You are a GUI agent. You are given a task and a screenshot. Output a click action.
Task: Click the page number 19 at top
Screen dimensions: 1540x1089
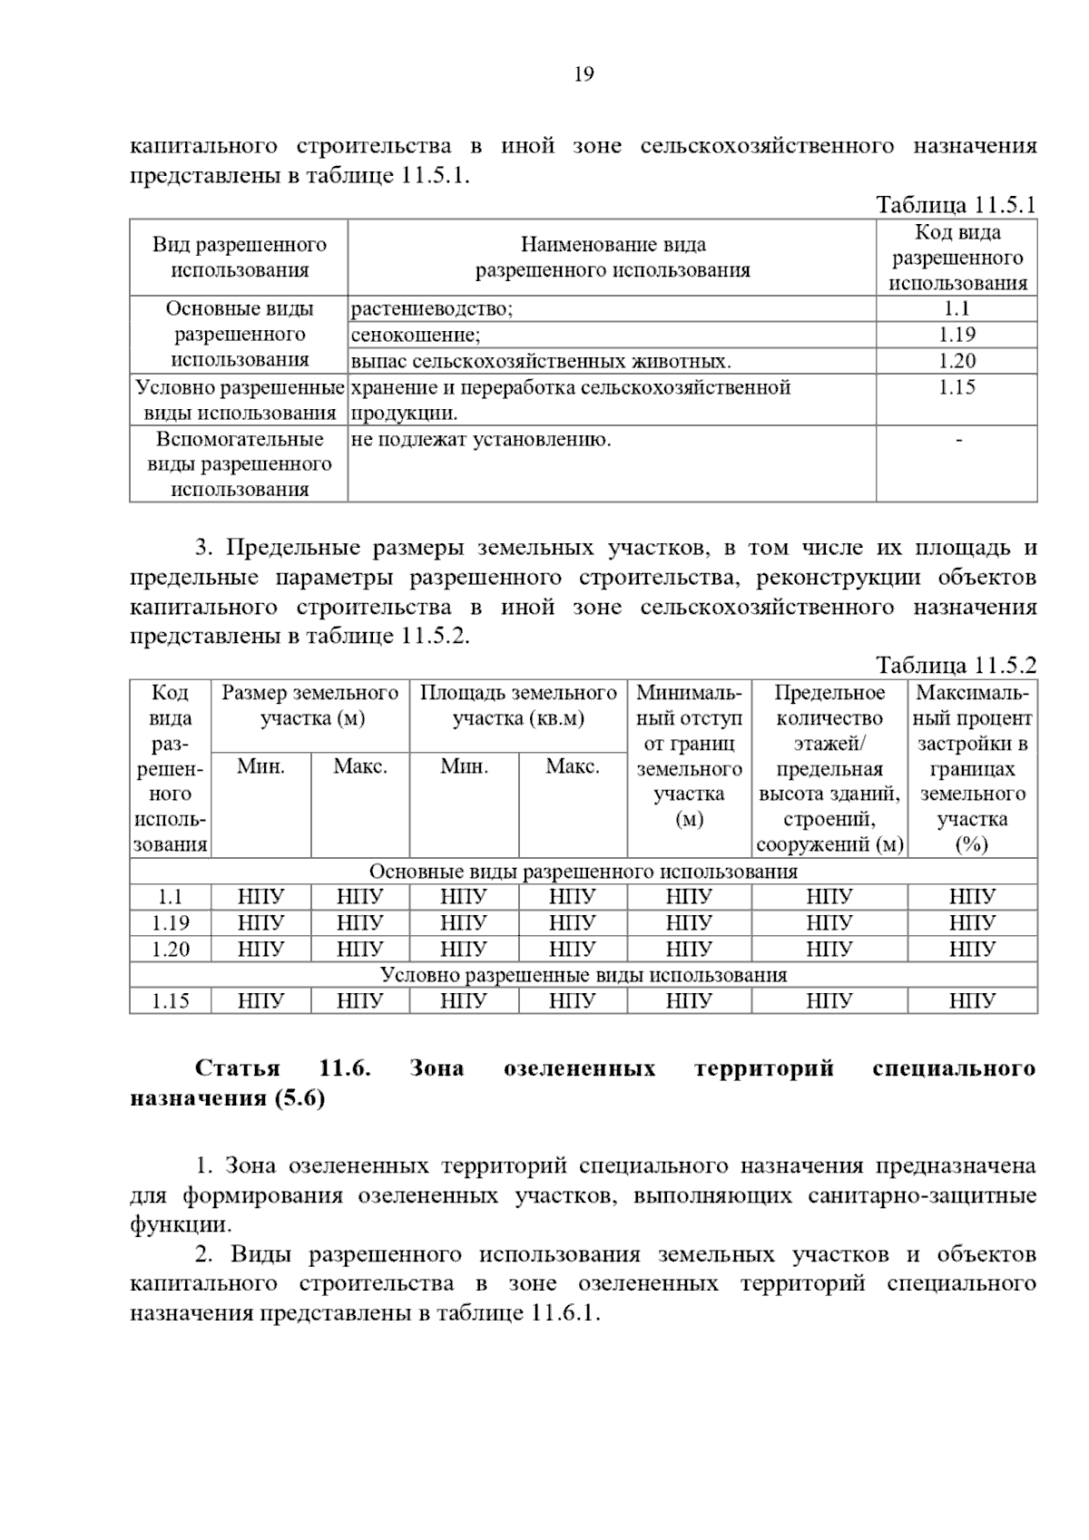pyautogui.click(x=584, y=74)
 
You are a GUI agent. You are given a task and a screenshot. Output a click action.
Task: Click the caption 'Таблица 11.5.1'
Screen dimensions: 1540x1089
pyautogui.click(x=956, y=205)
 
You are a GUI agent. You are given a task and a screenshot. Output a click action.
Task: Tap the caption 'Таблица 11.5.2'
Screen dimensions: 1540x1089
pyautogui.click(x=956, y=665)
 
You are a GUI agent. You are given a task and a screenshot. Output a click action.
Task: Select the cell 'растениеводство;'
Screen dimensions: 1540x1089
pyautogui.click(x=432, y=309)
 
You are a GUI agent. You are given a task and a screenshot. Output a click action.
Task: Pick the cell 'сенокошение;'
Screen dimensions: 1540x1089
pyautogui.click(x=417, y=336)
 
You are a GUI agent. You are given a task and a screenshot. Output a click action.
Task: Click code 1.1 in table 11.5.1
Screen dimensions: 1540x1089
pyautogui.click(x=957, y=309)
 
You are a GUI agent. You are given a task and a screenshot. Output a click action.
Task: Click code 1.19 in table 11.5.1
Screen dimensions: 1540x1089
pyautogui.click(x=957, y=335)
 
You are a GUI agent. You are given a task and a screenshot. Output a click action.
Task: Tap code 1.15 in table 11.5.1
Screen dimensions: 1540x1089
pyautogui.click(x=957, y=387)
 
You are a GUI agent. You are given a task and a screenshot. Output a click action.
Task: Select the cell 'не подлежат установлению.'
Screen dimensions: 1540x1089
pyautogui.click(x=481, y=441)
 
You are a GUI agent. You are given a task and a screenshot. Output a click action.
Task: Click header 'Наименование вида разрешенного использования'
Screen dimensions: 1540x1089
pyautogui.click(x=613, y=258)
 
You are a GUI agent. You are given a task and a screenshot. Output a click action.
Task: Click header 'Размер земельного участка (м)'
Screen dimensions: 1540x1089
pyautogui.click(x=310, y=707)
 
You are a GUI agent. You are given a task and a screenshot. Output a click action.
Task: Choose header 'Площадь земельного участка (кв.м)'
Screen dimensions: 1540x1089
pyautogui.click(x=518, y=707)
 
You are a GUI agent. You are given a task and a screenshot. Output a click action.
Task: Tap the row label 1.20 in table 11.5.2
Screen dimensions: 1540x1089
pyautogui.click(x=171, y=950)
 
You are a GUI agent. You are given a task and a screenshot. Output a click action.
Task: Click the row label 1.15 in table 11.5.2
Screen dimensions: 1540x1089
pyautogui.click(x=171, y=1001)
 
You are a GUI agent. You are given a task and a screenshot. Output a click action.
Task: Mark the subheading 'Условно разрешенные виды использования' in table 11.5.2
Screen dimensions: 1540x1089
pyautogui.click(x=583, y=975)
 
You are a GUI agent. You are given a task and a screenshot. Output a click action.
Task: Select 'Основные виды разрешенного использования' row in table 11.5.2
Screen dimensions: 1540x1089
pyautogui.click(x=583, y=872)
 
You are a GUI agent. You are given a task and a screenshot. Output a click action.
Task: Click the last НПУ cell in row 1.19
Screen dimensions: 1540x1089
pyautogui.click(x=972, y=923)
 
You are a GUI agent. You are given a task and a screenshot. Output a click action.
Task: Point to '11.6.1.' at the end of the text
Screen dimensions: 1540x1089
pyautogui.click(x=567, y=1313)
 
